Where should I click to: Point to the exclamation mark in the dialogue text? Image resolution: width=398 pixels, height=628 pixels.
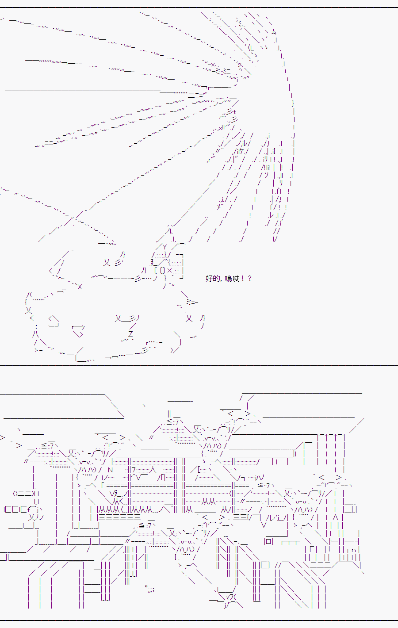[x=243, y=278]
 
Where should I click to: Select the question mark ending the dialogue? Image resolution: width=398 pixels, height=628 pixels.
[x=250, y=278]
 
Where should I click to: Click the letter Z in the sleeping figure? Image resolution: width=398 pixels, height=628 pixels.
[x=130, y=334]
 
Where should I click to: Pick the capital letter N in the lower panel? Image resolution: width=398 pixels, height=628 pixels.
[x=110, y=470]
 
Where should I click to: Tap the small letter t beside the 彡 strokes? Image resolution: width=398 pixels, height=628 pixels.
[x=234, y=112]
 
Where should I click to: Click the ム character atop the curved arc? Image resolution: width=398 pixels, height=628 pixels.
[x=274, y=32]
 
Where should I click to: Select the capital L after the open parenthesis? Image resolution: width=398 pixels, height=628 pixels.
[x=252, y=48]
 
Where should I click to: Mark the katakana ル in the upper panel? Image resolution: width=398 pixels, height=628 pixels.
[x=245, y=144]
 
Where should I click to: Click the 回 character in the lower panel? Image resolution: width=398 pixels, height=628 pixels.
[x=268, y=541]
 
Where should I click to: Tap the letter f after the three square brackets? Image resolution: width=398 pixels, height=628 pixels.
[x=29, y=509]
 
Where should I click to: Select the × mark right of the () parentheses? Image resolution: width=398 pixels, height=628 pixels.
[x=169, y=271]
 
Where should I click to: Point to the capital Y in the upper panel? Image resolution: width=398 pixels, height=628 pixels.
[x=165, y=247]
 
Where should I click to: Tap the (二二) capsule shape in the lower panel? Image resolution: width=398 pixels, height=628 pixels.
[x=25, y=494]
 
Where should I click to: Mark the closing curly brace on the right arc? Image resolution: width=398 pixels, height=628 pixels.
[x=293, y=103]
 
